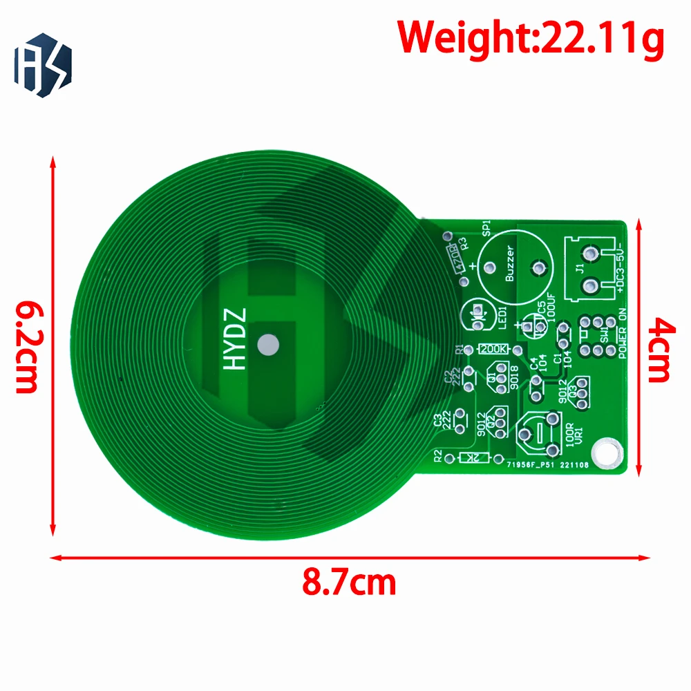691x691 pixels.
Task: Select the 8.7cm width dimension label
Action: click(349, 583)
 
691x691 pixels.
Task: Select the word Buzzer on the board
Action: click(510, 265)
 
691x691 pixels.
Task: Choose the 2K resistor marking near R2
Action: click(471, 458)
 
